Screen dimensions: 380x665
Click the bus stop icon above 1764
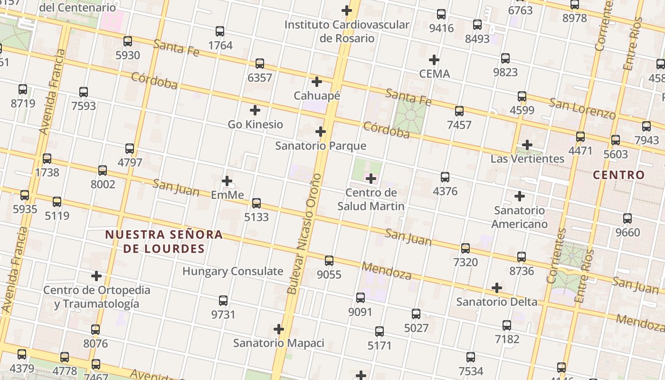pos(219,31)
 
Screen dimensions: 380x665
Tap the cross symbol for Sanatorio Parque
pos(321,132)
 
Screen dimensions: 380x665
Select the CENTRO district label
pos(618,175)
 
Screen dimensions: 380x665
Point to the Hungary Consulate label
pos(233,271)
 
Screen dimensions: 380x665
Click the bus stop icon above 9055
pos(329,260)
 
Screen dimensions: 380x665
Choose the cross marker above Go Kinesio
pos(255,110)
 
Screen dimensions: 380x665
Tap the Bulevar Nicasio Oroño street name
pos(304,234)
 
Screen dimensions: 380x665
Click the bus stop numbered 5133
pos(256,203)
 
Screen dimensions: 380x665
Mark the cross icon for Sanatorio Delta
pos(497,288)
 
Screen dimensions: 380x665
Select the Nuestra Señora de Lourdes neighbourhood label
pos(164,241)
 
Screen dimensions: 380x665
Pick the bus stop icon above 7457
pos(459,111)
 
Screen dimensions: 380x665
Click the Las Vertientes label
pos(527,159)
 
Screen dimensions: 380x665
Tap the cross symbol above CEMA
pos(434,60)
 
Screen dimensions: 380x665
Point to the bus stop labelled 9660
pos(627,218)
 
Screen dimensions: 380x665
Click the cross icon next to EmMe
pos(227,181)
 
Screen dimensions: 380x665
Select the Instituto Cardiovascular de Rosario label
pos(347,31)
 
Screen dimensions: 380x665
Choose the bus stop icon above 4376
pos(445,177)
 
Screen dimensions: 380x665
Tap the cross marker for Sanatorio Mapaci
pos(279,329)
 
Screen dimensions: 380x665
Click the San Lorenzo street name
pos(582,108)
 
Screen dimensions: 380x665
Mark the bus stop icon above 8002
pos(103,171)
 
